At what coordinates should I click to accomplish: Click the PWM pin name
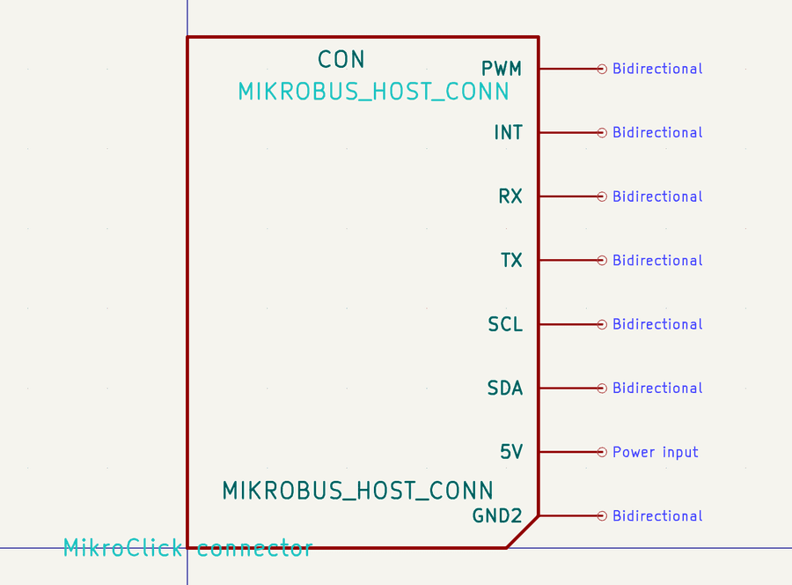pos(502,69)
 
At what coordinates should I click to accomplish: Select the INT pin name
pos(509,132)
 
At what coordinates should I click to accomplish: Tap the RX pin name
pos(510,196)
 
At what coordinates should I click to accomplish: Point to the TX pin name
pos(511,260)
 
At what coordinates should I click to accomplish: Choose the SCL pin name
pos(505,324)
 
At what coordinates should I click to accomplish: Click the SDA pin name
pos(505,388)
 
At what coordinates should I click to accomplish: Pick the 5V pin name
pos(511,452)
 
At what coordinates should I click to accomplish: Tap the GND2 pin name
pos(497,516)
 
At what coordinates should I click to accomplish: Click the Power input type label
pos(656,452)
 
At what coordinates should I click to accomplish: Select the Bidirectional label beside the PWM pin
pos(657,69)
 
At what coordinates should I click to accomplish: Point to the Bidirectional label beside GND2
pos(657,516)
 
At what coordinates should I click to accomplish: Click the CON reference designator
pos(341,59)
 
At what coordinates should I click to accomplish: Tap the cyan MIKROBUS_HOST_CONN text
pos(373,92)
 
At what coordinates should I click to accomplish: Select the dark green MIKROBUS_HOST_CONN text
pos(357,490)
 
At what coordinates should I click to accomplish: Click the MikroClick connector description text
pos(187,548)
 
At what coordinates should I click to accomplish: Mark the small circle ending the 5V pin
pos(602,452)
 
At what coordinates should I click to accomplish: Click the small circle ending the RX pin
pos(602,196)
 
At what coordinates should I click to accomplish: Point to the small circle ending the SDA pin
pos(602,388)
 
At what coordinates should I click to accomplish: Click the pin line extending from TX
pos(568,260)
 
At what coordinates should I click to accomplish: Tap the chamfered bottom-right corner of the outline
pos(522,532)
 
